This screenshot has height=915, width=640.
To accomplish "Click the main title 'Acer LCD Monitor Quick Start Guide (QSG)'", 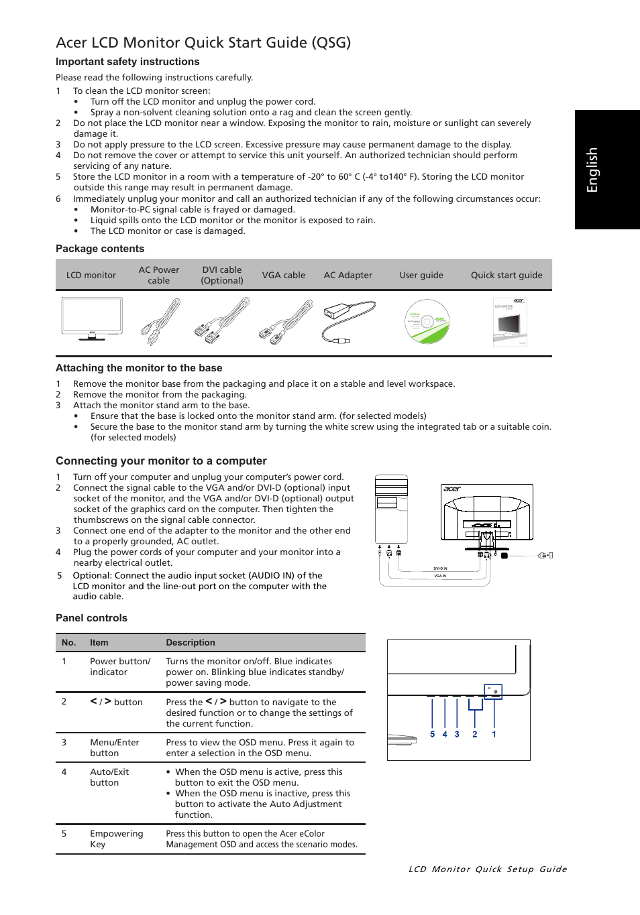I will (x=203, y=43).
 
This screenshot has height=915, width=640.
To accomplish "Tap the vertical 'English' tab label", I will (x=592, y=170).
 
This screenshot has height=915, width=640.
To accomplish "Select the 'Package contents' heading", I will (x=100, y=249).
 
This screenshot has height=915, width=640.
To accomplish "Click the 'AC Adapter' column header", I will (x=348, y=275).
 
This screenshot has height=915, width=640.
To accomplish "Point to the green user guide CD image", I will (x=427, y=322).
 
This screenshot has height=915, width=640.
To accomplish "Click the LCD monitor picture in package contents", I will (x=92, y=319).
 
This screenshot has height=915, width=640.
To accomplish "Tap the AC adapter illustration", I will (x=349, y=321).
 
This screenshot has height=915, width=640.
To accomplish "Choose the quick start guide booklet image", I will (x=510, y=322).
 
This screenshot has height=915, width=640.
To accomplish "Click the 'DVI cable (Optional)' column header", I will (x=222, y=275).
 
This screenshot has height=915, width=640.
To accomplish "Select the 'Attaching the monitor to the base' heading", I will (x=139, y=368).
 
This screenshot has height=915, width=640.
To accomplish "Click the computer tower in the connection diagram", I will (x=392, y=509).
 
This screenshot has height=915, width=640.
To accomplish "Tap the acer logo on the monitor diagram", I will (x=452, y=489).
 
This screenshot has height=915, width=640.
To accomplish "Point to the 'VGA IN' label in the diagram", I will (x=440, y=576).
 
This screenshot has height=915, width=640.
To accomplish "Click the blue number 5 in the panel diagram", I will (x=432, y=735).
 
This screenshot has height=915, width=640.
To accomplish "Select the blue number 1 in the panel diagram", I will (x=494, y=735).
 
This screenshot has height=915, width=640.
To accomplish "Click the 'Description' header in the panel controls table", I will (x=191, y=642).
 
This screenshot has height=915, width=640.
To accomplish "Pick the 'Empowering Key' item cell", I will (x=117, y=839).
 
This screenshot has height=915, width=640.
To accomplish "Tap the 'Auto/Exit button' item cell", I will (x=109, y=777).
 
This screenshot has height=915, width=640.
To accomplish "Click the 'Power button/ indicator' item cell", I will (x=120, y=666).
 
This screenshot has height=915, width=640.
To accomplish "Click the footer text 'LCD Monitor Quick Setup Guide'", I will (x=488, y=869).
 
